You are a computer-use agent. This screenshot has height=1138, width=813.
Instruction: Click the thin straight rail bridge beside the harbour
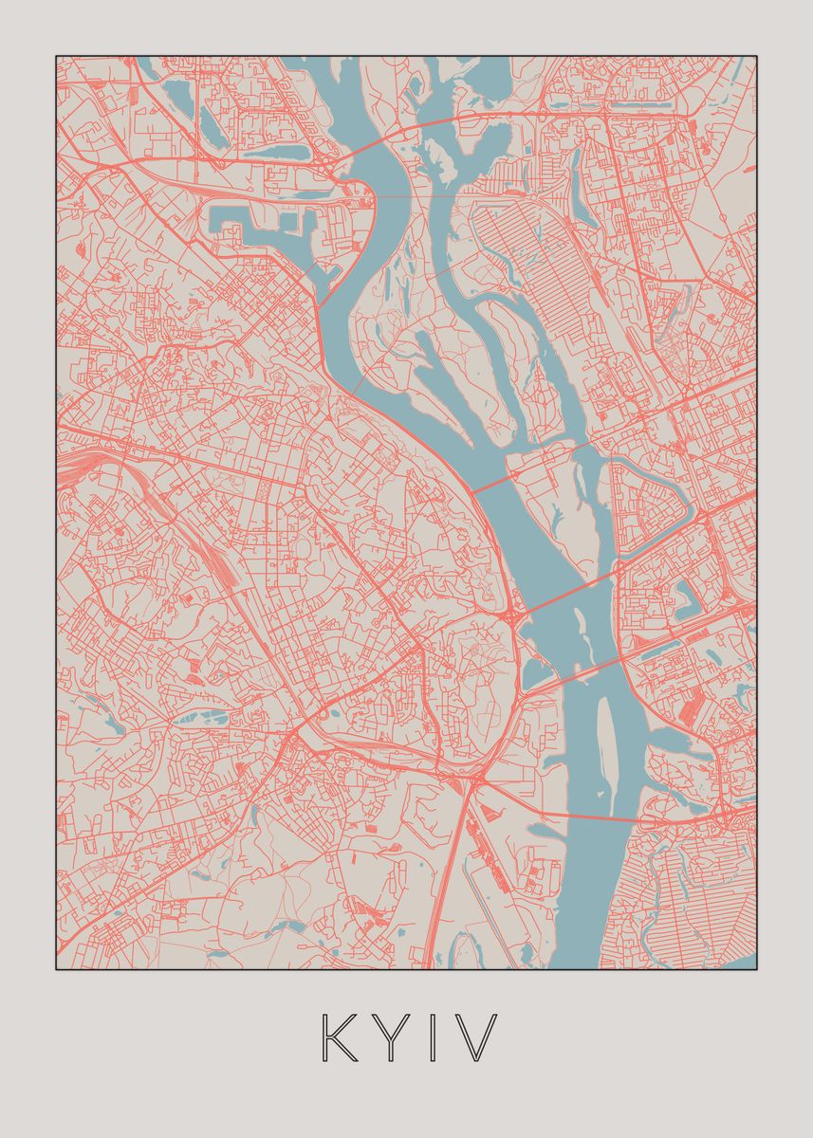tap(389, 197)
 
